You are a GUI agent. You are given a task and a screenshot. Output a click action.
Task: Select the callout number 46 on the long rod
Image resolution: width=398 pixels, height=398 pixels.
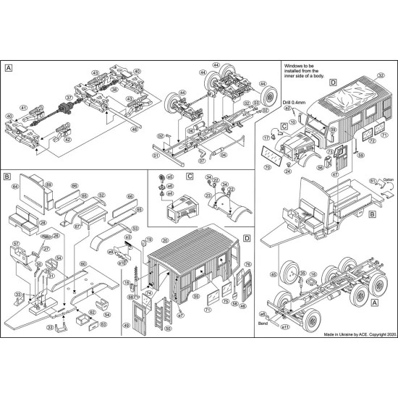pyautogui.click(x=134, y=130)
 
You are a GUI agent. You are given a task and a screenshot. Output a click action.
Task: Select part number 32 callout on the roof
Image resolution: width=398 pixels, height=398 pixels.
pyautogui.click(x=381, y=75)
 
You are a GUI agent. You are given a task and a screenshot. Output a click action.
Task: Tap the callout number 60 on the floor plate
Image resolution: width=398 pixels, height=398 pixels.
pyautogui.click(x=83, y=263)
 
